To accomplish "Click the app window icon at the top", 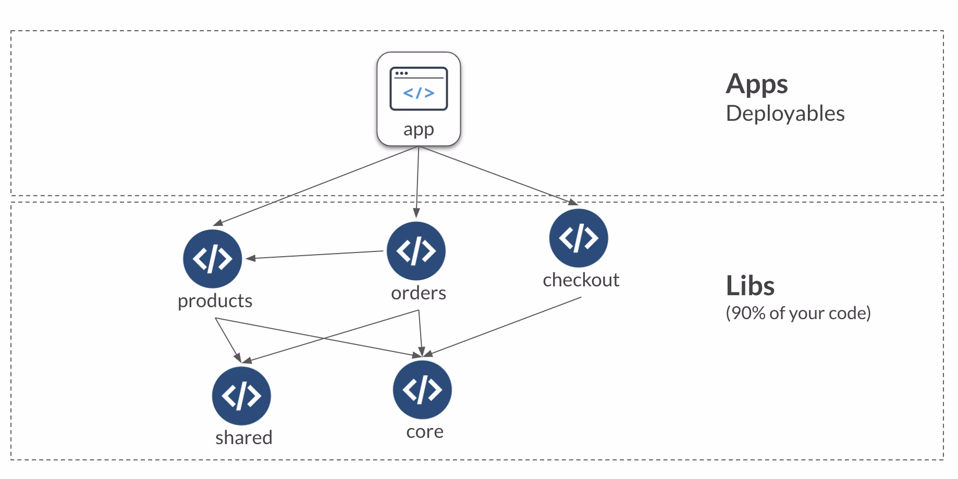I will (x=419, y=89).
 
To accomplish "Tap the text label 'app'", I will (x=419, y=129).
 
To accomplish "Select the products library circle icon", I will (x=212, y=259).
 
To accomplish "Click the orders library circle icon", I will (x=416, y=251).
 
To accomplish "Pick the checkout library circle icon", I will (x=579, y=238).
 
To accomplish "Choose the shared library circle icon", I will (x=241, y=396).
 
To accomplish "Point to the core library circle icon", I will (x=422, y=390).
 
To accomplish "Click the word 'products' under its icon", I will (x=215, y=301).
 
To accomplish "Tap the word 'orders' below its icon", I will (x=419, y=293).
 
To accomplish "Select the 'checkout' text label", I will (x=581, y=280).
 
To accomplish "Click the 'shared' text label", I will (x=244, y=437).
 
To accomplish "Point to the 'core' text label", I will (x=425, y=432).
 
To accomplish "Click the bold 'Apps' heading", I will (x=756, y=84).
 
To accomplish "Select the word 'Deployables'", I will (x=785, y=114).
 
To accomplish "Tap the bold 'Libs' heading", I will (x=750, y=286).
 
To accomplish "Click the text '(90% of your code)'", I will (x=798, y=313).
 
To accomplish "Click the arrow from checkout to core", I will (x=506, y=326).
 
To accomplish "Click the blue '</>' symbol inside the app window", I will (x=419, y=93).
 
